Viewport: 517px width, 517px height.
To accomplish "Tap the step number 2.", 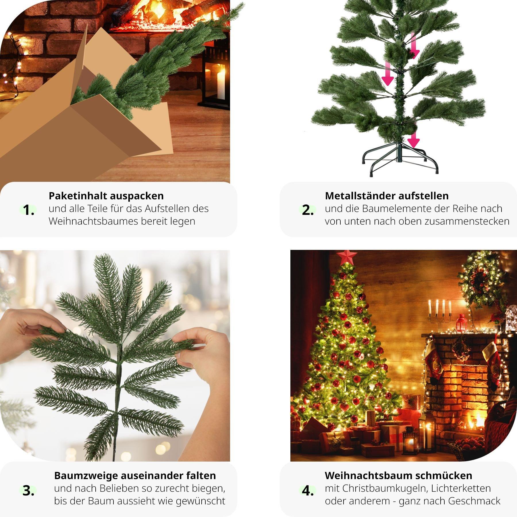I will pos(307,210).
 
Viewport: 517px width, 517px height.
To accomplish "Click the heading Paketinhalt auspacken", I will pos(106,196).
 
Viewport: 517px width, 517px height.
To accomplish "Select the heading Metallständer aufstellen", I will pos(387,196).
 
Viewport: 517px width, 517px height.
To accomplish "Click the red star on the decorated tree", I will pos(347,257).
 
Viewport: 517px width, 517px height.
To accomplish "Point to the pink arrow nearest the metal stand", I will pos(413,140).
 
